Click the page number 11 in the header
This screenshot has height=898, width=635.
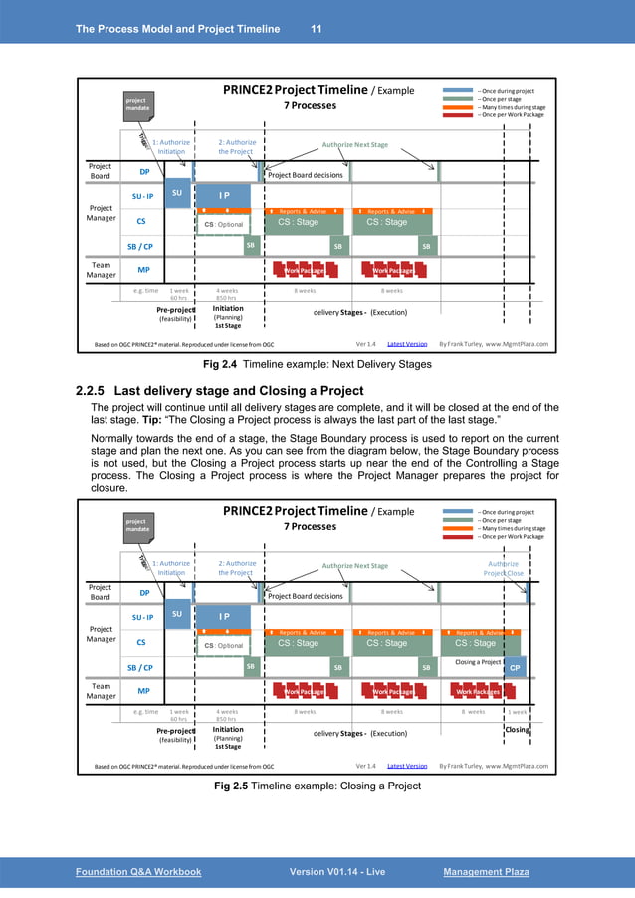coord(316,27)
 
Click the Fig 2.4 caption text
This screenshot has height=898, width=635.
coord(317,364)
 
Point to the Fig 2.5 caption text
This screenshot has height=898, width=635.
coord(317,786)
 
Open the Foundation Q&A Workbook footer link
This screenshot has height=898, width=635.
coord(138,872)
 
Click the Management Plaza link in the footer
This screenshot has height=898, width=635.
coord(486,872)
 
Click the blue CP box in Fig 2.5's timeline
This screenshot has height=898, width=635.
coord(515,669)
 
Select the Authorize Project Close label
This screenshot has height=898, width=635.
coord(503,568)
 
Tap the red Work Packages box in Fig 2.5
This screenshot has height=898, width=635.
coord(479,690)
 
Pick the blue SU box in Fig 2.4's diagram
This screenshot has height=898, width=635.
coord(176,193)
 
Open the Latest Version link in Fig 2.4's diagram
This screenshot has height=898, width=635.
coord(406,344)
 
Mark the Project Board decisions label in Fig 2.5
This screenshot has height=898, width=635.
coord(305,596)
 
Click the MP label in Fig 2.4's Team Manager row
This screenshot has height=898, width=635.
coord(144,269)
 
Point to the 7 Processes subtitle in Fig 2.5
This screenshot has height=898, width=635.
coord(311,526)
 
